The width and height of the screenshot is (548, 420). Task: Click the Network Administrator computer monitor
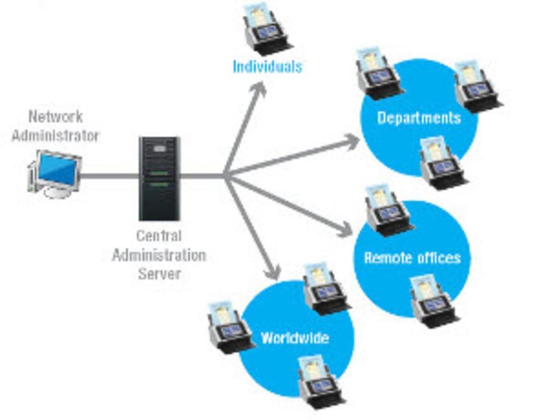[x=55, y=171]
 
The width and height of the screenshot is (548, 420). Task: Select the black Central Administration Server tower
[x=159, y=178]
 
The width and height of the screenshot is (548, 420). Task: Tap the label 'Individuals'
[x=267, y=67]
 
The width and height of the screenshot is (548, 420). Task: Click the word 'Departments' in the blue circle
[x=419, y=118]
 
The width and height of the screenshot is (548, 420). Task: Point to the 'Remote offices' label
[x=412, y=258]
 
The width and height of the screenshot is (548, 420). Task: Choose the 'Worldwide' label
[x=295, y=337]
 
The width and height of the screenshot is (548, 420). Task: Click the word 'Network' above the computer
[x=56, y=116]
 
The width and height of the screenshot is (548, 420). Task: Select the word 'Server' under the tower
[x=159, y=273]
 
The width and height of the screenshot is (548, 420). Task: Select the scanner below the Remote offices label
[x=434, y=301]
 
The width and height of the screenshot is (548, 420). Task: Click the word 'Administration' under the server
[x=159, y=255]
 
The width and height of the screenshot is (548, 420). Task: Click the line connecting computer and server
[x=109, y=176]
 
